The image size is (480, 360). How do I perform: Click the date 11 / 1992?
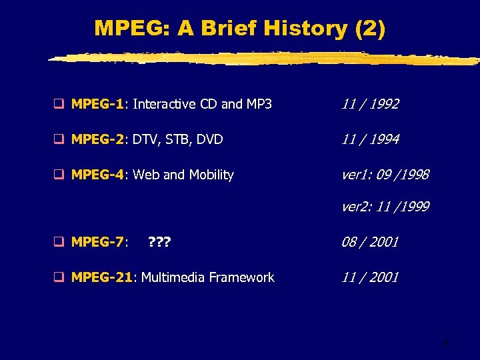pyautogui.click(x=370, y=104)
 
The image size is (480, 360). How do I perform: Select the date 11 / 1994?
pyautogui.click(x=370, y=139)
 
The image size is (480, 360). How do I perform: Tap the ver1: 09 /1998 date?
pyautogui.click(x=385, y=175)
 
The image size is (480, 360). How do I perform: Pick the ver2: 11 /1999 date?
pyautogui.click(x=385, y=207)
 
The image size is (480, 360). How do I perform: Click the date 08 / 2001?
pyautogui.click(x=370, y=242)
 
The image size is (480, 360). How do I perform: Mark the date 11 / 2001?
pyautogui.click(x=370, y=277)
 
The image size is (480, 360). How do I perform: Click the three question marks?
pyautogui.click(x=159, y=242)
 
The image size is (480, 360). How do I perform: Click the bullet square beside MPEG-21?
pyautogui.click(x=59, y=277)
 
